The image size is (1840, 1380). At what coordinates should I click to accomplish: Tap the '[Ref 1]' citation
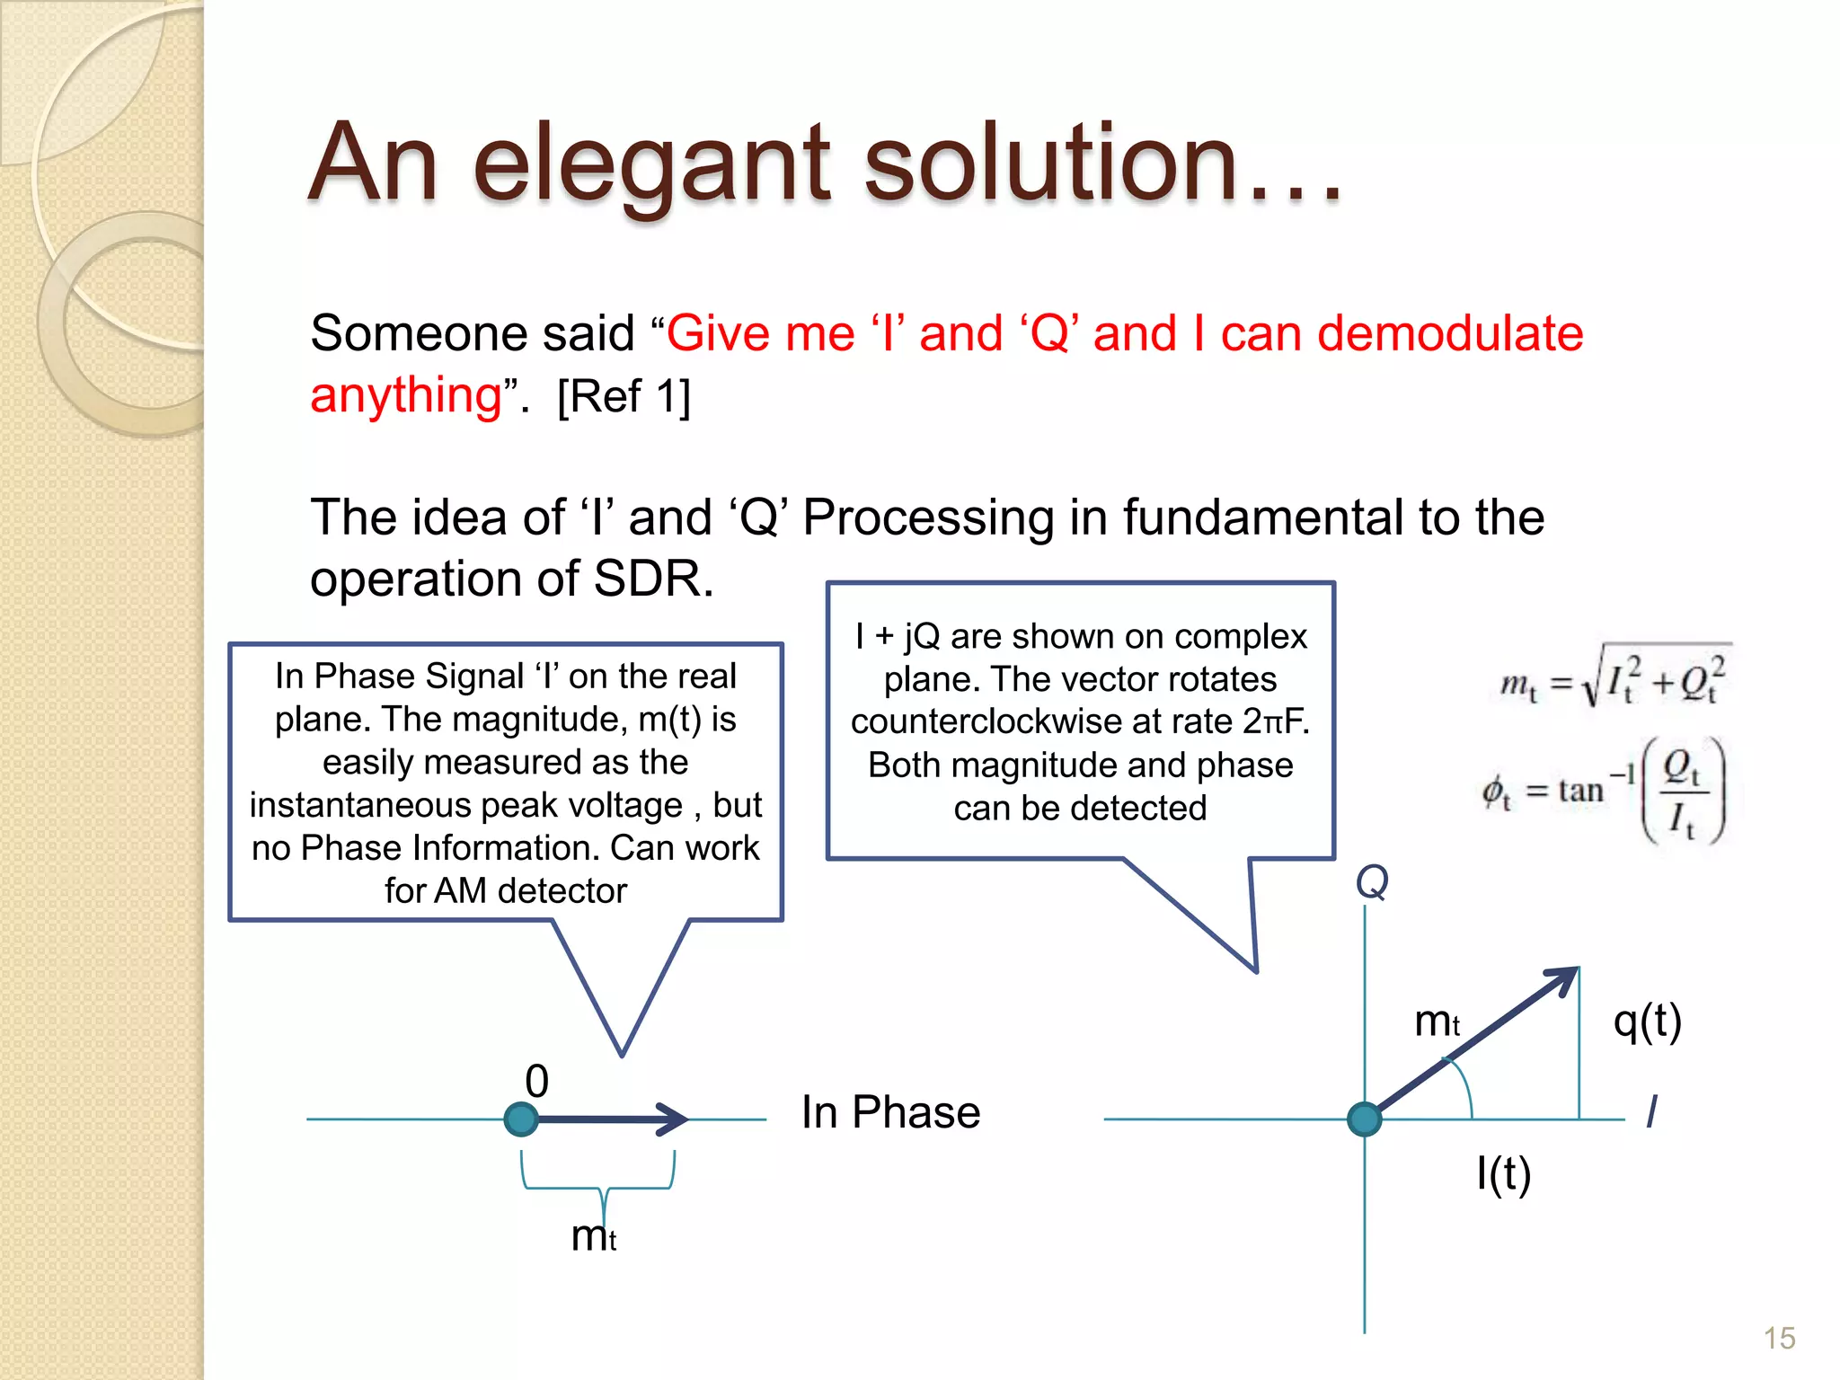624,396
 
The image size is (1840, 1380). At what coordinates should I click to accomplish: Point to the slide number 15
1779,1338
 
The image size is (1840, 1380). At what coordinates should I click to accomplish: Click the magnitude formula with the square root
1613,678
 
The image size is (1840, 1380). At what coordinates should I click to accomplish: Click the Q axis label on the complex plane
1372,882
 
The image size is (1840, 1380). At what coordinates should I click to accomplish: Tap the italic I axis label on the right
1651,1111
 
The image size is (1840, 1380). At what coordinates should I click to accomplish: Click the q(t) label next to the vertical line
1647,1022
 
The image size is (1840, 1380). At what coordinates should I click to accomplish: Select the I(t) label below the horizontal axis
1503,1173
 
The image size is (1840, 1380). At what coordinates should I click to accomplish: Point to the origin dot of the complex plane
1365,1119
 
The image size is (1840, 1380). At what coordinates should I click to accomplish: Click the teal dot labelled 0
521,1119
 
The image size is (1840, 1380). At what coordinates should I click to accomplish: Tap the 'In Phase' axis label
890,1112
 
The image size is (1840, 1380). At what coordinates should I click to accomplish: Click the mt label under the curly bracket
593,1236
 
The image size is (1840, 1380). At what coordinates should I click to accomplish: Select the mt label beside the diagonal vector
1437,1022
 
